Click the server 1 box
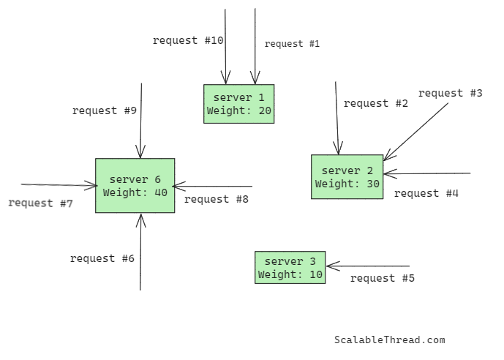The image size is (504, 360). tap(238, 104)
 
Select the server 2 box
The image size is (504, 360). tap(347, 177)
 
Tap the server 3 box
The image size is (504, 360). tap(290, 268)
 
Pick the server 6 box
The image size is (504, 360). tap(135, 186)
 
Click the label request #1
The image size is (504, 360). tap(292, 44)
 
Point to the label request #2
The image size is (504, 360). tap(375, 103)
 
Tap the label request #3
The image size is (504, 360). tap(450, 93)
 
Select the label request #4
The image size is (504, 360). tap(426, 193)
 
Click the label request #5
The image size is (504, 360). tap(382, 278)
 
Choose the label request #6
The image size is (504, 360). tap(102, 258)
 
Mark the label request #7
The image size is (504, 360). tap(40, 203)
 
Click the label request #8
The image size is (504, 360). tap(217, 198)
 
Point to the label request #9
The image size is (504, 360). tap(105, 110)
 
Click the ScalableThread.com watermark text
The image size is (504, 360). tap(389, 340)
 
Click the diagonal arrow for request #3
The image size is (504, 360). tap(415, 132)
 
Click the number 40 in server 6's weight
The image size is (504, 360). tap(160, 192)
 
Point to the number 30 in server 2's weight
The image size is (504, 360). tap(372, 184)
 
